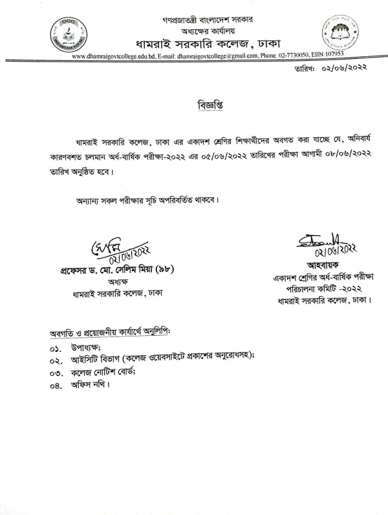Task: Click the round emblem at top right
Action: coord(338,38)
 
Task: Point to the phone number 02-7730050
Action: coord(294,57)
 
